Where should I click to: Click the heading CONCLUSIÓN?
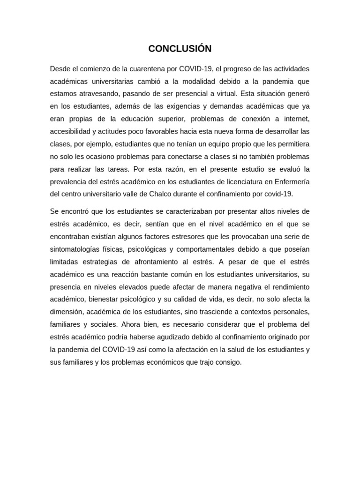pyautogui.click(x=180, y=49)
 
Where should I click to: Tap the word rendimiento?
pyautogui.click(x=289, y=286)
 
